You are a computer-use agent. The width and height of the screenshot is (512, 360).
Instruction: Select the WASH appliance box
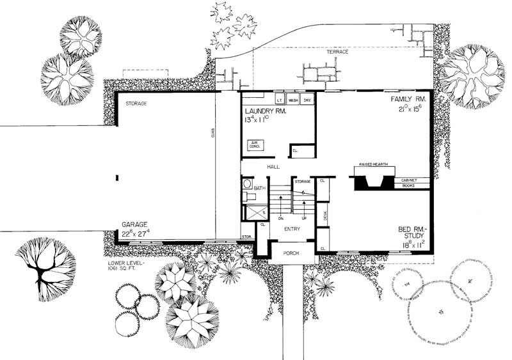(x=294, y=100)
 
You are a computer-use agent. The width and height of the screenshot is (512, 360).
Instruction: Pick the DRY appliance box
(x=308, y=100)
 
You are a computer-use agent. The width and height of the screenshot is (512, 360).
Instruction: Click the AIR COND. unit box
(x=255, y=145)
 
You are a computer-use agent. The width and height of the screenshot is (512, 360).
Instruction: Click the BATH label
(x=259, y=188)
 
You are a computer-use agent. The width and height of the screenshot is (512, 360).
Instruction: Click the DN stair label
(x=281, y=218)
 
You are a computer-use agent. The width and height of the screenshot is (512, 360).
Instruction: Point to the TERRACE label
(x=337, y=52)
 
